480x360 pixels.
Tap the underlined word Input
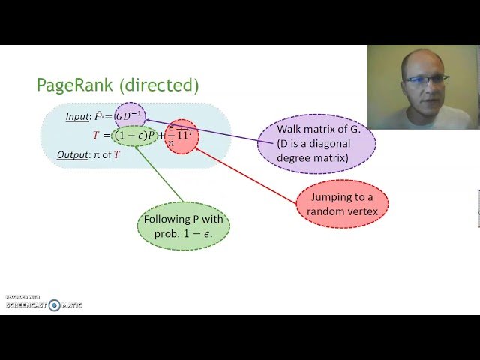tap(77, 116)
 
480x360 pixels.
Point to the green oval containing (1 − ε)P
tap(135, 136)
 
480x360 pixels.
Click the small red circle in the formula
tap(181, 136)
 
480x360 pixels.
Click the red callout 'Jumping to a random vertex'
tap(343, 204)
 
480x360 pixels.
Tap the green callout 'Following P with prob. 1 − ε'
tap(184, 226)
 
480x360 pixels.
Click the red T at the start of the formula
tap(96, 136)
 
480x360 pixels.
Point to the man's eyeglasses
tap(428, 78)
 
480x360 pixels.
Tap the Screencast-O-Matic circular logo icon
tap(55, 305)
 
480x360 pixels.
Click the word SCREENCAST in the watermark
tap(25, 306)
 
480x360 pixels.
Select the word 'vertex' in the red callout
tap(364, 211)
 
